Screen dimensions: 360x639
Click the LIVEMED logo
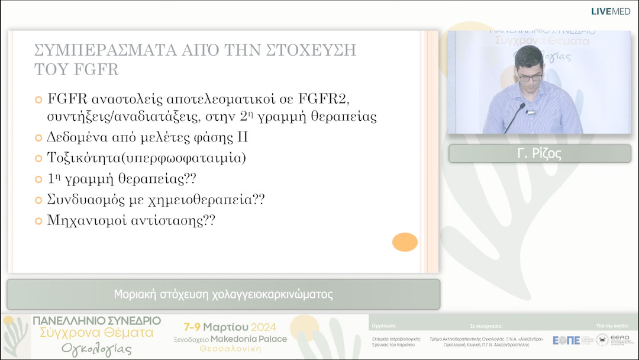click(x=611, y=11)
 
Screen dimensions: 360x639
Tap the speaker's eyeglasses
click(x=530, y=76)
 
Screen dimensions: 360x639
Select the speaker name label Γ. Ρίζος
click(x=539, y=154)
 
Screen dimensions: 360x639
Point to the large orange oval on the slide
click(x=405, y=242)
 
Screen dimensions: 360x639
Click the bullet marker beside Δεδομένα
click(x=39, y=138)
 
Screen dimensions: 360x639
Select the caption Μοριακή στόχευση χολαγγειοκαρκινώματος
click(x=223, y=294)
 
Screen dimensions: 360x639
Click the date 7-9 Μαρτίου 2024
click(x=226, y=327)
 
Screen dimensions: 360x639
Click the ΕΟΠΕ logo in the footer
click(x=566, y=340)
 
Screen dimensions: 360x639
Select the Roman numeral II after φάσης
click(x=241, y=137)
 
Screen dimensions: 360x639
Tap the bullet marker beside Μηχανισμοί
click(x=39, y=221)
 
